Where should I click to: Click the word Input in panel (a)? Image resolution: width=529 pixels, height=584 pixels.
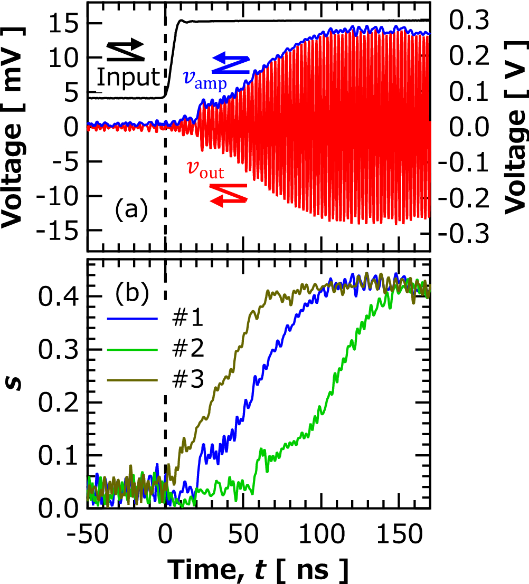click(128, 78)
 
